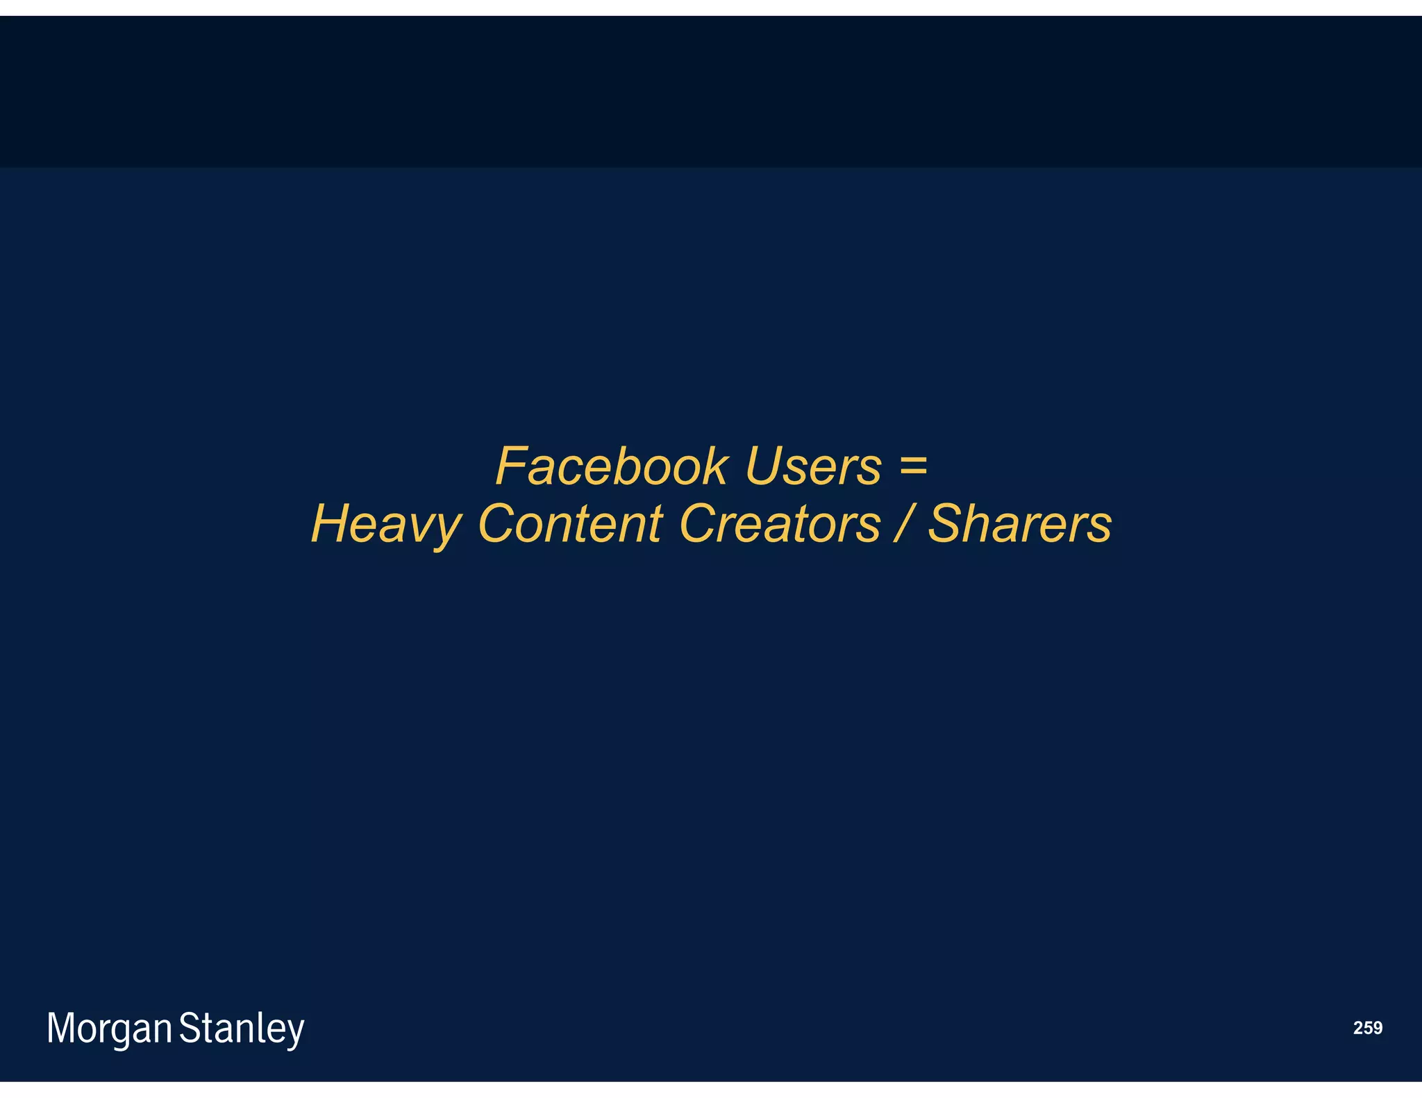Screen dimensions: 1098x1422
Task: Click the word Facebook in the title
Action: coord(612,466)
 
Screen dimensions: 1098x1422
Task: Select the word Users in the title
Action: coord(813,466)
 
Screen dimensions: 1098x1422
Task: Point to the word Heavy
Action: coord(386,525)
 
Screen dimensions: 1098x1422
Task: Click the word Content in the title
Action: coord(570,523)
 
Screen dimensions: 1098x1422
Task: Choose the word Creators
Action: coord(780,523)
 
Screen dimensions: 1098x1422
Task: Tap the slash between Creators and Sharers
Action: coord(904,523)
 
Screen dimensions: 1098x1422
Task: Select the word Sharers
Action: coord(1020,523)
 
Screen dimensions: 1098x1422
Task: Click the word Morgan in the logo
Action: coord(109,1029)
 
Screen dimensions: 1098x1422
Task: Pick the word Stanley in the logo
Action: coord(242,1029)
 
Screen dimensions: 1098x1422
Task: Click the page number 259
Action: coord(1367,1028)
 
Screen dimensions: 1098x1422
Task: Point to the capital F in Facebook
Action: coord(512,466)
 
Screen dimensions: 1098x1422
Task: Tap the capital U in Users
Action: coord(763,466)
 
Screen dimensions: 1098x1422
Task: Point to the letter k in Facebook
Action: coord(715,466)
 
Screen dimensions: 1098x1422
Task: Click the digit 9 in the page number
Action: coord(1377,1028)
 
